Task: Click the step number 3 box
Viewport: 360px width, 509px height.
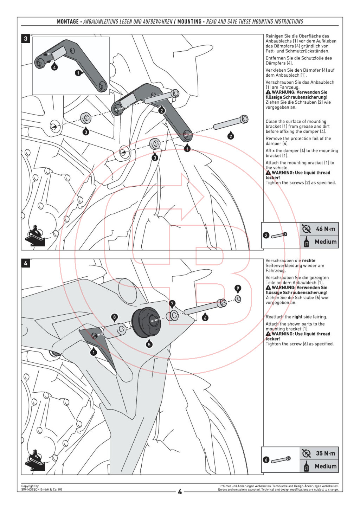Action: pos(25,38)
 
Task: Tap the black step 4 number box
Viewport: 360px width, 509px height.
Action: pos(25,263)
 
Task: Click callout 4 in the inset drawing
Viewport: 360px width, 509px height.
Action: pos(54,67)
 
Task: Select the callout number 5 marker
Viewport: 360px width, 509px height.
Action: pos(149,344)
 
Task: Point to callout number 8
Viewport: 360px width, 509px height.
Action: pos(114,317)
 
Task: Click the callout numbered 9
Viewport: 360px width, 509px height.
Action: pos(238,289)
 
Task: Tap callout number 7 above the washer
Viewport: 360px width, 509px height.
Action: pos(172,303)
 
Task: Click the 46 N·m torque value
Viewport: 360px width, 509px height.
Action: pos(326,229)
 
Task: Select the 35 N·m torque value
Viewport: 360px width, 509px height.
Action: pos(326,453)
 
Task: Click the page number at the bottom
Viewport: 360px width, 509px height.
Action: pos(180,492)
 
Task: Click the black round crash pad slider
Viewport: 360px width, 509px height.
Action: pos(145,322)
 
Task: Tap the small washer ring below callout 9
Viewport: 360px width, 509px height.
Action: pos(238,299)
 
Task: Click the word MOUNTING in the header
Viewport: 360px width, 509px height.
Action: pos(189,22)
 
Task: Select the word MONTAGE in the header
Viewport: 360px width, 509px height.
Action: pos(68,22)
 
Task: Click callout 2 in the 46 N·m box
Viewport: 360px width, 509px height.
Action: pos(266,235)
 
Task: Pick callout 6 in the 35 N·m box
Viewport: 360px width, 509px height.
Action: pos(266,460)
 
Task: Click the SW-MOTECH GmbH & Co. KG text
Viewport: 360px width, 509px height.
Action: pos(41,490)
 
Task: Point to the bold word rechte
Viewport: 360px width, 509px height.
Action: pos(309,261)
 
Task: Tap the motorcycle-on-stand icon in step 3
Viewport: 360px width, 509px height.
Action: pos(35,236)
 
